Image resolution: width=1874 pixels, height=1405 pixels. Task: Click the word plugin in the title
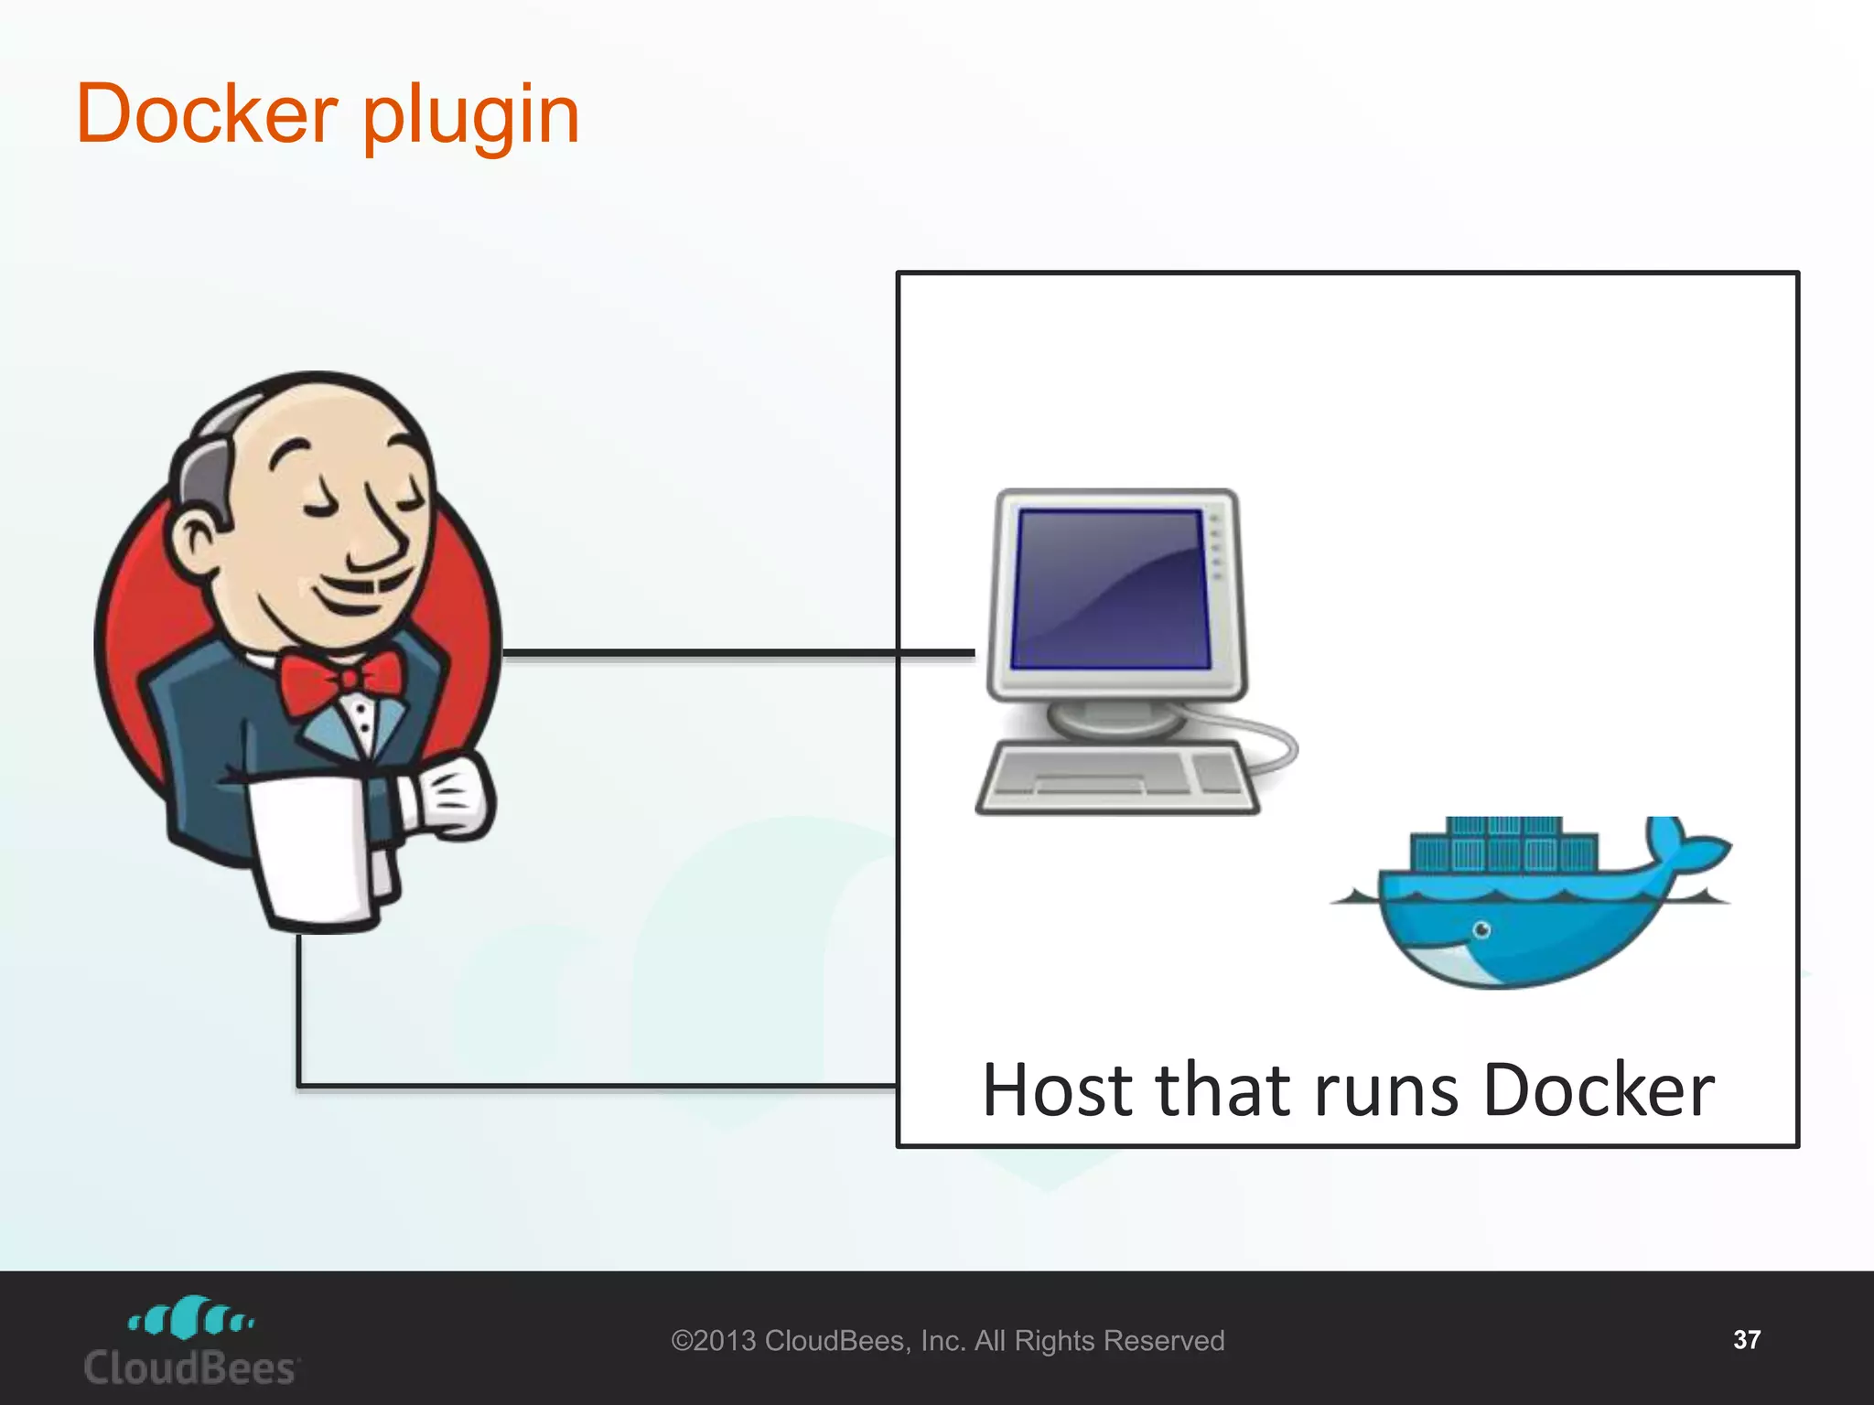tap(471, 117)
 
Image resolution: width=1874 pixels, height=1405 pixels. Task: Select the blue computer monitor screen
tap(1110, 588)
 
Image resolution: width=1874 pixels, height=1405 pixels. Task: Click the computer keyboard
tap(1116, 778)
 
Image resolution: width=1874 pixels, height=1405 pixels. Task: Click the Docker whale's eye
tap(1481, 930)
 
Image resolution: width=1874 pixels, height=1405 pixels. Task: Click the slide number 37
tap(1746, 1340)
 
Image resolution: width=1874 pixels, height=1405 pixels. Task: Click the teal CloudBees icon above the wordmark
tap(191, 1318)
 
